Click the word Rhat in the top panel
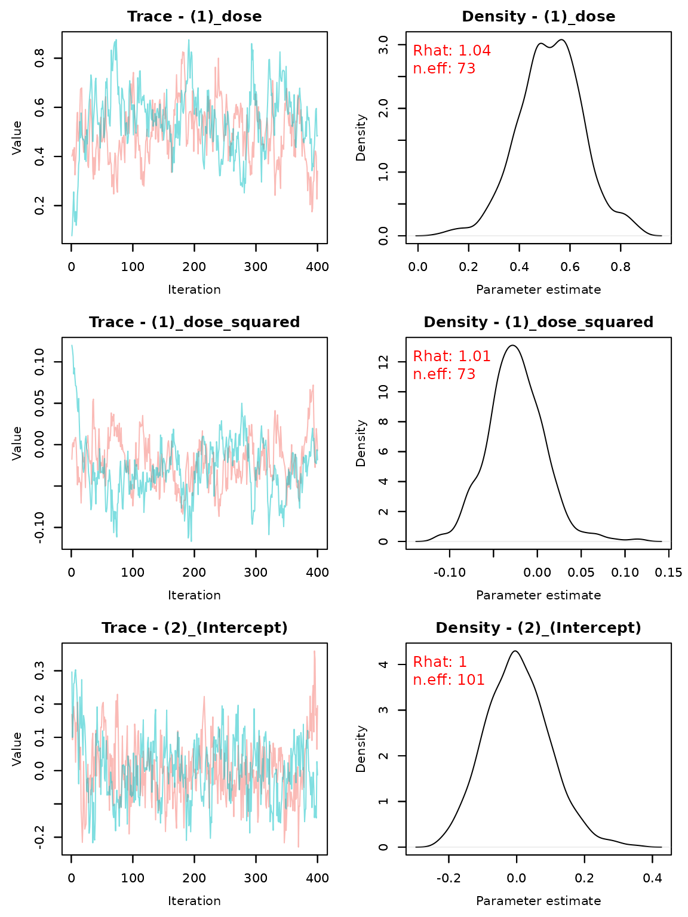pyautogui.click(x=429, y=51)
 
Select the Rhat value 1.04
pyautogui.click(x=474, y=51)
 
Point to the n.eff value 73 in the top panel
pyautogui.click(x=466, y=69)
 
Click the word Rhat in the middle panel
pyautogui.click(x=429, y=356)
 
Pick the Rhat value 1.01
pyautogui.click(x=474, y=356)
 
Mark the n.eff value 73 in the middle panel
pyautogui.click(x=466, y=374)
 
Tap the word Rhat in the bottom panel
pyautogui.click(x=429, y=662)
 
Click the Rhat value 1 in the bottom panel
pyautogui.click(x=463, y=662)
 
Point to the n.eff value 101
pyautogui.click(x=471, y=680)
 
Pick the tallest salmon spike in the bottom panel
pyautogui.click(x=315, y=652)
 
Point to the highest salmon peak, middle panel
pyautogui.click(x=313, y=386)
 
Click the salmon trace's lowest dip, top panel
pyautogui.click(x=312, y=210)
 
